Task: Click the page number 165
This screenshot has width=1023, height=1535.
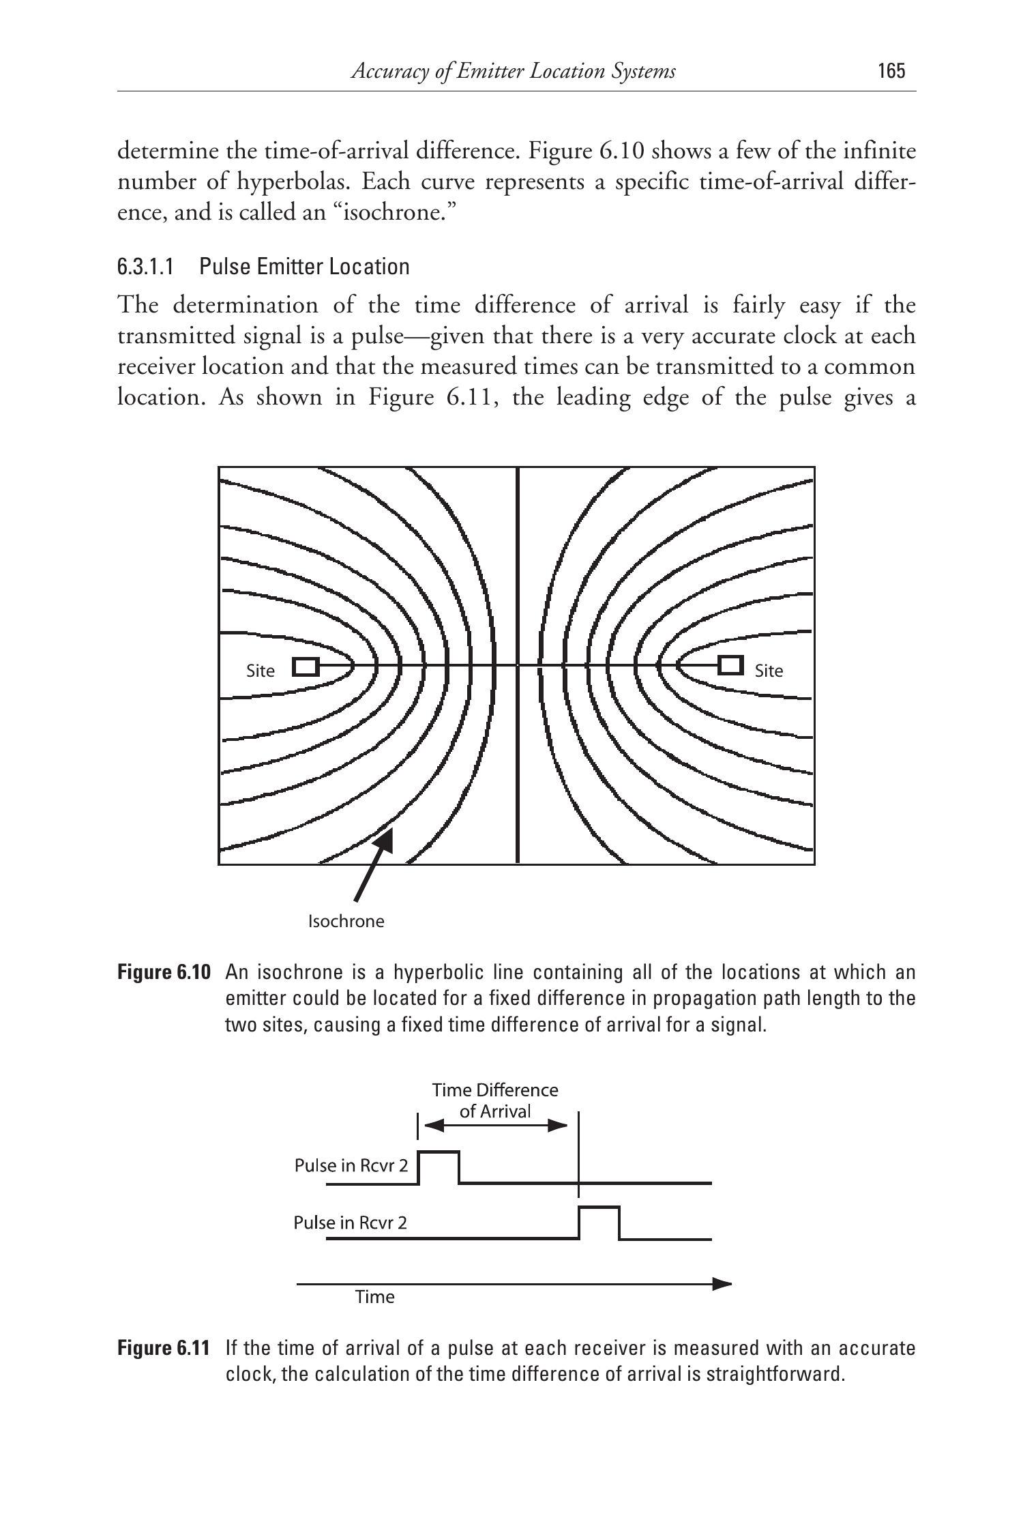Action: point(891,71)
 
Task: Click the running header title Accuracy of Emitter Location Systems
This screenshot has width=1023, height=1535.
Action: point(513,71)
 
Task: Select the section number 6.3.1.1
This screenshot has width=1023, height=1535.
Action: point(145,266)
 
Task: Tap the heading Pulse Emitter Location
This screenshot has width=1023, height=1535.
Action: point(304,266)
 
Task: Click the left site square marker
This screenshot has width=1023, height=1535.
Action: point(306,667)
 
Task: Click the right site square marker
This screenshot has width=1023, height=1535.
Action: point(730,664)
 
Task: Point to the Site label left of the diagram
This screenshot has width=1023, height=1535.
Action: point(261,671)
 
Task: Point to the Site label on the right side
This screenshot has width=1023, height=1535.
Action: point(769,671)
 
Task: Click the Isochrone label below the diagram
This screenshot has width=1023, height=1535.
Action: point(346,922)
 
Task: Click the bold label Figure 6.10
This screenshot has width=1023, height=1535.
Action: point(164,972)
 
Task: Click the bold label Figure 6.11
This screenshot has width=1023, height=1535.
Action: point(164,1348)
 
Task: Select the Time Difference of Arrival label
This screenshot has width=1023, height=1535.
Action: point(495,1100)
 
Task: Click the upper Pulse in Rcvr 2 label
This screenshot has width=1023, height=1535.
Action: point(351,1165)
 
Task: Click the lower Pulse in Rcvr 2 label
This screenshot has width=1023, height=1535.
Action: point(350,1222)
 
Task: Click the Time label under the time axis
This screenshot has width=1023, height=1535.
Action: point(375,1297)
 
